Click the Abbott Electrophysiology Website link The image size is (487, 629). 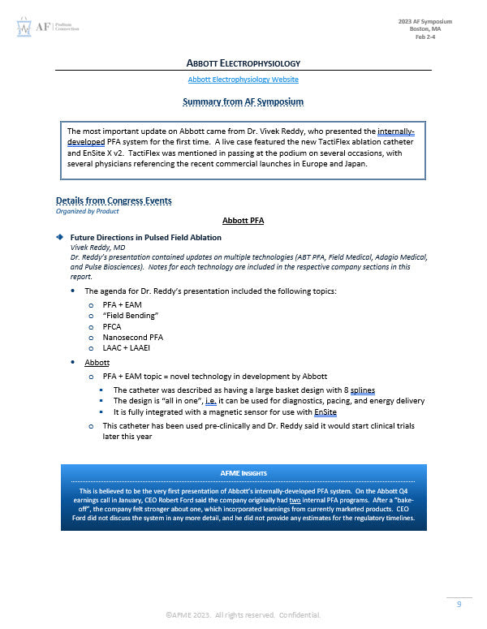[x=243, y=80]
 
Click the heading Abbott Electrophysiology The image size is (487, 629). [x=243, y=63]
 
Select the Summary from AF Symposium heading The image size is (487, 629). [x=243, y=102]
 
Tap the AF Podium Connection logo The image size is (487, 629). [x=47, y=28]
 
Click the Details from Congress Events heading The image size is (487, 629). [x=113, y=200]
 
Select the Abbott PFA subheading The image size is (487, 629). [x=243, y=220]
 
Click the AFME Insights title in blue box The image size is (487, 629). [x=243, y=472]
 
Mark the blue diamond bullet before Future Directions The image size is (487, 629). [x=59, y=237]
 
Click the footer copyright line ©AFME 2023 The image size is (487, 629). [x=243, y=614]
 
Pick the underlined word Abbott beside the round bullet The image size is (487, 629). [x=97, y=363]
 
